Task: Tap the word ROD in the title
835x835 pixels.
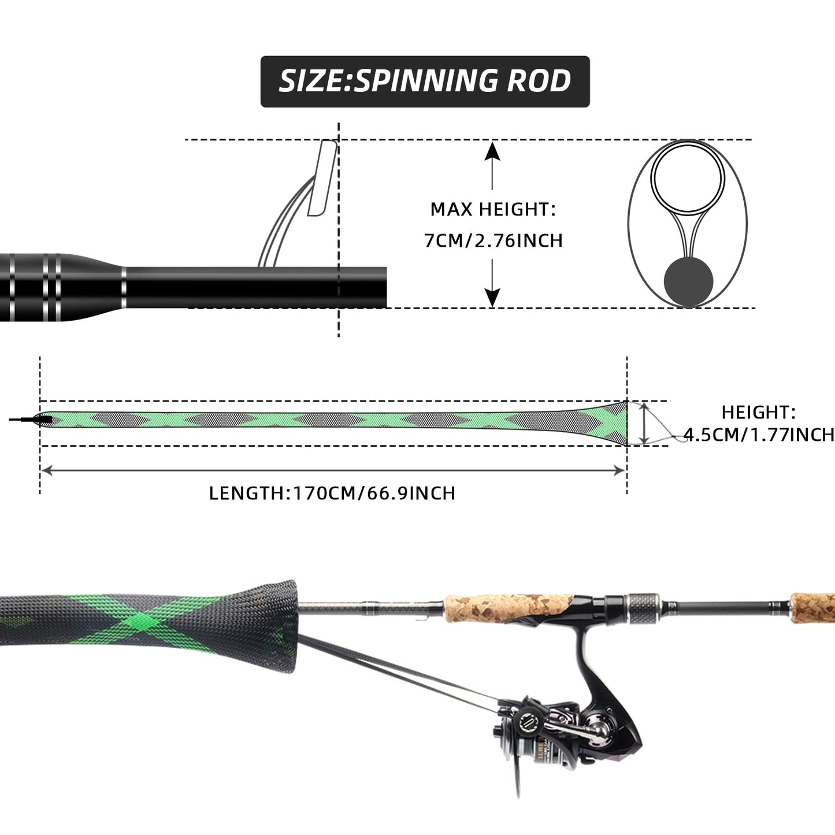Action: click(539, 81)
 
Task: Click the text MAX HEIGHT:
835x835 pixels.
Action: click(492, 209)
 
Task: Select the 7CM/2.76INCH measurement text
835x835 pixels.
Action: click(493, 240)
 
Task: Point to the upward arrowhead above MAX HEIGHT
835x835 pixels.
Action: click(492, 150)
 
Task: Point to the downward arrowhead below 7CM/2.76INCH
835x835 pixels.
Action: click(492, 298)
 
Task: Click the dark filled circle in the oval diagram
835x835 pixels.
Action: click(688, 282)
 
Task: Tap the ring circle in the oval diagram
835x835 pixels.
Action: click(688, 177)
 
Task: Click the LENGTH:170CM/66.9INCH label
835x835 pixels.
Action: click(332, 493)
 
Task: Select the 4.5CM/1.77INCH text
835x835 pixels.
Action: click(759, 435)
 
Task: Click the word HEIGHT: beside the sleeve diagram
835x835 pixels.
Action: click(758, 412)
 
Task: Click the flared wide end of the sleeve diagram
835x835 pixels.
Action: click(613, 423)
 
